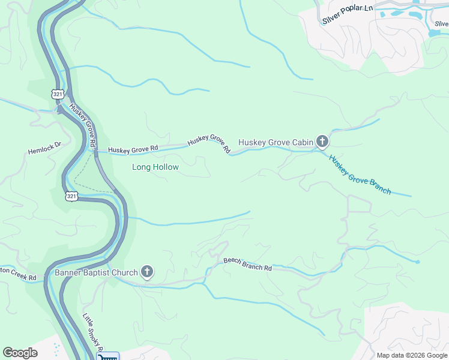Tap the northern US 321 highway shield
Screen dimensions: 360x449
pyautogui.click(x=58, y=95)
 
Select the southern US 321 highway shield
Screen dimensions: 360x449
pyautogui.click(x=71, y=196)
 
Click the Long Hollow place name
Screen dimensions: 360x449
pyautogui.click(x=155, y=167)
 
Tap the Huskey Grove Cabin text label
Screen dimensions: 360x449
pyautogui.click(x=276, y=142)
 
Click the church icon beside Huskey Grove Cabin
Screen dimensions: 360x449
pyautogui.click(x=322, y=142)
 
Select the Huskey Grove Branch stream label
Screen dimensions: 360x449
pyautogui.click(x=360, y=175)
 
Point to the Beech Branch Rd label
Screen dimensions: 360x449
pyautogui.click(x=247, y=264)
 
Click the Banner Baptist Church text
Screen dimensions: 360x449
pyautogui.click(x=97, y=273)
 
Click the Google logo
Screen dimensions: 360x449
pyautogui.click(x=20, y=353)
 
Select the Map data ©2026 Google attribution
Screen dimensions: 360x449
pyautogui.click(x=412, y=355)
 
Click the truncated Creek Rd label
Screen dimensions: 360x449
pyautogui.click(x=18, y=274)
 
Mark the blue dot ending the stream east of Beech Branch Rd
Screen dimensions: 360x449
pyautogui.click(x=417, y=262)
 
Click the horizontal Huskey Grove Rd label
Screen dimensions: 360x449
pyautogui.click(x=133, y=149)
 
